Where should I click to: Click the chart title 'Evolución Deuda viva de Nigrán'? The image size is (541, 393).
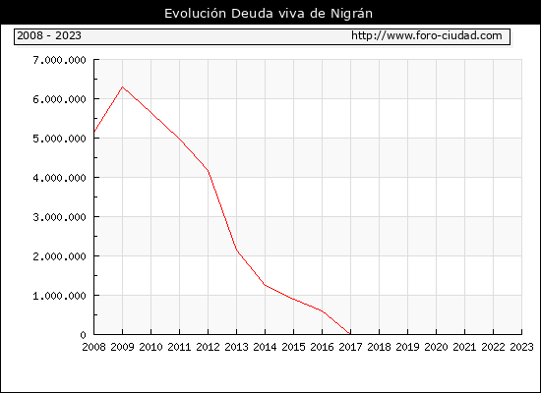pos(269,14)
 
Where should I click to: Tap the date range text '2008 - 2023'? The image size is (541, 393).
pos(49,35)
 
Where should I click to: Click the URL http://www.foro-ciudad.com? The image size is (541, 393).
pos(427,35)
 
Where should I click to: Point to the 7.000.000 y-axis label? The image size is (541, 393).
pos(59,60)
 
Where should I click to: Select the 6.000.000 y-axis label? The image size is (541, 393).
pos(59,99)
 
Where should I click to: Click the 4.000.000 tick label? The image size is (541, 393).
pos(59,178)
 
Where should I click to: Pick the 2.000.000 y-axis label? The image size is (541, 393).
pos(59,256)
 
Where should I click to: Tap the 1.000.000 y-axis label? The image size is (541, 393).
pos(59,296)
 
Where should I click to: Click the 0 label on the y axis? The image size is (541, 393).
pos(83,335)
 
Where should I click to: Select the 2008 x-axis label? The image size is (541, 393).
pos(93,347)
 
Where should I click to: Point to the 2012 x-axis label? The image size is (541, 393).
pos(209,347)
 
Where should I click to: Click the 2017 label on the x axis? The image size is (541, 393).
pos(350,347)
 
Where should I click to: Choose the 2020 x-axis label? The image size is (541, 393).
pos(436,347)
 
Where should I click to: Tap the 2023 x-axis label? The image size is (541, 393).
pos(521,347)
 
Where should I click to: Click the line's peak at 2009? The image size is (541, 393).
pos(123,86)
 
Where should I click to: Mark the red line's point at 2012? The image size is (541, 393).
pos(209,170)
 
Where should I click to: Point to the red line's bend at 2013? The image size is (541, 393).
pos(237,250)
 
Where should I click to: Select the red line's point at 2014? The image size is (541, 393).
pos(265,285)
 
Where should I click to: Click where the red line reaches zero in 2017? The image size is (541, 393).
pos(350,334)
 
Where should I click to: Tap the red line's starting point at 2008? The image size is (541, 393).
pos(94,132)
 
